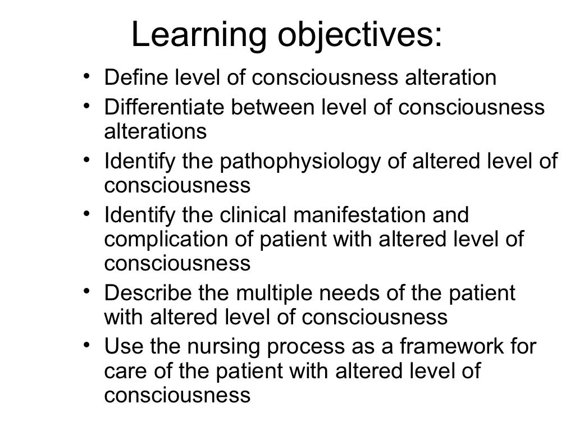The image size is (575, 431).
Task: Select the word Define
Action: point(132,78)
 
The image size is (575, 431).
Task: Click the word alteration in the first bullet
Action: point(450,78)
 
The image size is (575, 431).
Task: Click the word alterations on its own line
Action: point(156,132)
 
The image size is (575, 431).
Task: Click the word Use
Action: point(121,347)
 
